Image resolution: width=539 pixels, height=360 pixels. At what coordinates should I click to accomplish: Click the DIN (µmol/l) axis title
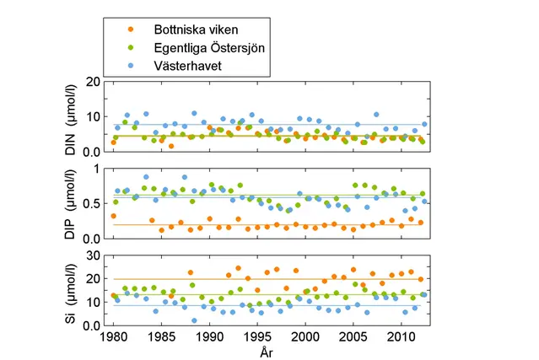71,118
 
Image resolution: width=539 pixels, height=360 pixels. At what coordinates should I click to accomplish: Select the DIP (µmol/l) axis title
71,205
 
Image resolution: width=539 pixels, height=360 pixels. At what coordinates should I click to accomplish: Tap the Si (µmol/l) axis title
71,291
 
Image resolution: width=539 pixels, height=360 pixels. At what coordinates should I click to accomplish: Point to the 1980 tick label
114,337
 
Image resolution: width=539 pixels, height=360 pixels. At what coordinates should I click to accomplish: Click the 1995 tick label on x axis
258,337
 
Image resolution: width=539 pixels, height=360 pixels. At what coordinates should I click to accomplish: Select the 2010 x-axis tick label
402,337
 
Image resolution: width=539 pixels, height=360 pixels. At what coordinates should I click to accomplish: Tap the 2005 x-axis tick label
353,337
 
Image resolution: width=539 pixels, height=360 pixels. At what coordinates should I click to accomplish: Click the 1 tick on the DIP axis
99,169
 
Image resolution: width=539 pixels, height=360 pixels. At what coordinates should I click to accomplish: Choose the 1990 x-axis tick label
209,337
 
